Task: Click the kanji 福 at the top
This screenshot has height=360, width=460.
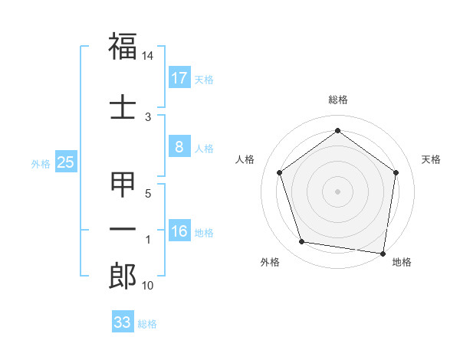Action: click(123, 47)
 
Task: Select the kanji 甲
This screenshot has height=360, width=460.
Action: click(123, 186)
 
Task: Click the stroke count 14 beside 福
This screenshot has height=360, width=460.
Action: click(148, 56)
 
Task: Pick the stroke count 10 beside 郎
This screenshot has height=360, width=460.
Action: click(148, 286)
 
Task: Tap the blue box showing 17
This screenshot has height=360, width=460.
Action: click(179, 78)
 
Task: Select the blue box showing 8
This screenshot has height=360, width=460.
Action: click(179, 148)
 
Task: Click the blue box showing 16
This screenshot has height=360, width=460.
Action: click(179, 232)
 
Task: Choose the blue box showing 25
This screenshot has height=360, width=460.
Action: click(65, 162)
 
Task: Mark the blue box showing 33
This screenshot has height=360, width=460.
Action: click(123, 322)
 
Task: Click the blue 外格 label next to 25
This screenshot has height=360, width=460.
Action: click(41, 163)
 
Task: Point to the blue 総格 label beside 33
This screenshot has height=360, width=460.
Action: click(147, 324)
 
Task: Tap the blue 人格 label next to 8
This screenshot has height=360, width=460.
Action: click(204, 149)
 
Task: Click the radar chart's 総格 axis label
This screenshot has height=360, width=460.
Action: click(338, 100)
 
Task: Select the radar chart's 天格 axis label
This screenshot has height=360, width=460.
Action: click(431, 159)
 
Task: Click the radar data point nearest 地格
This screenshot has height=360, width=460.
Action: click(383, 253)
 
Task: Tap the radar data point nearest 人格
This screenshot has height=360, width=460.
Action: click(279, 172)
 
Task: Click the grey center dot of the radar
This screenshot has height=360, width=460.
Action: click(338, 191)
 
